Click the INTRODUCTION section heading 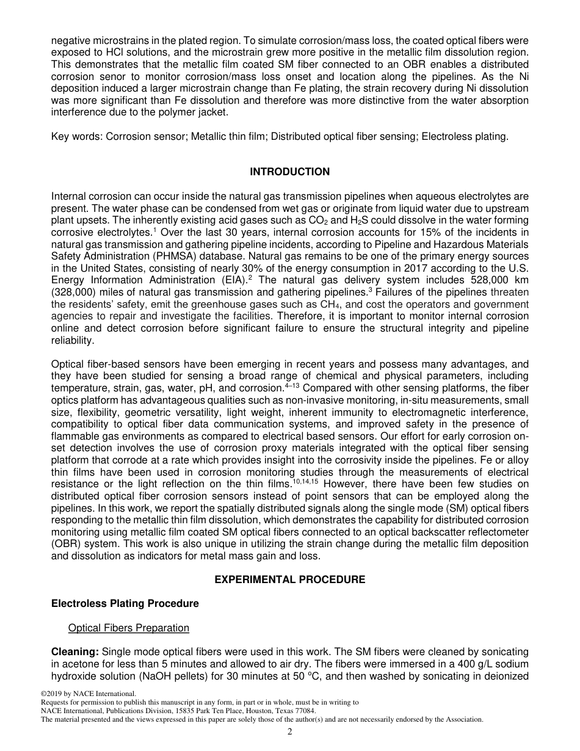[289, 172]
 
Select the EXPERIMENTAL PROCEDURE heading [289, 579]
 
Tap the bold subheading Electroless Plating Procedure [125, 603]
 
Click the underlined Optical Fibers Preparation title [129, 628]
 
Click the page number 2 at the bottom [290, 733]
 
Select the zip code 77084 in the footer [303, 711]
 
